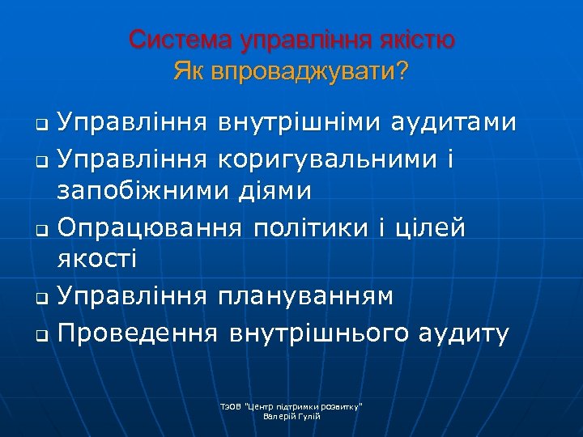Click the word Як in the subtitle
[189, 73]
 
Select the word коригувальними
[331, 160]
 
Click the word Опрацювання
[149, 228]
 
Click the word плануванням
[305, 296]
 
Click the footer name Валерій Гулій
[293, 416]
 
